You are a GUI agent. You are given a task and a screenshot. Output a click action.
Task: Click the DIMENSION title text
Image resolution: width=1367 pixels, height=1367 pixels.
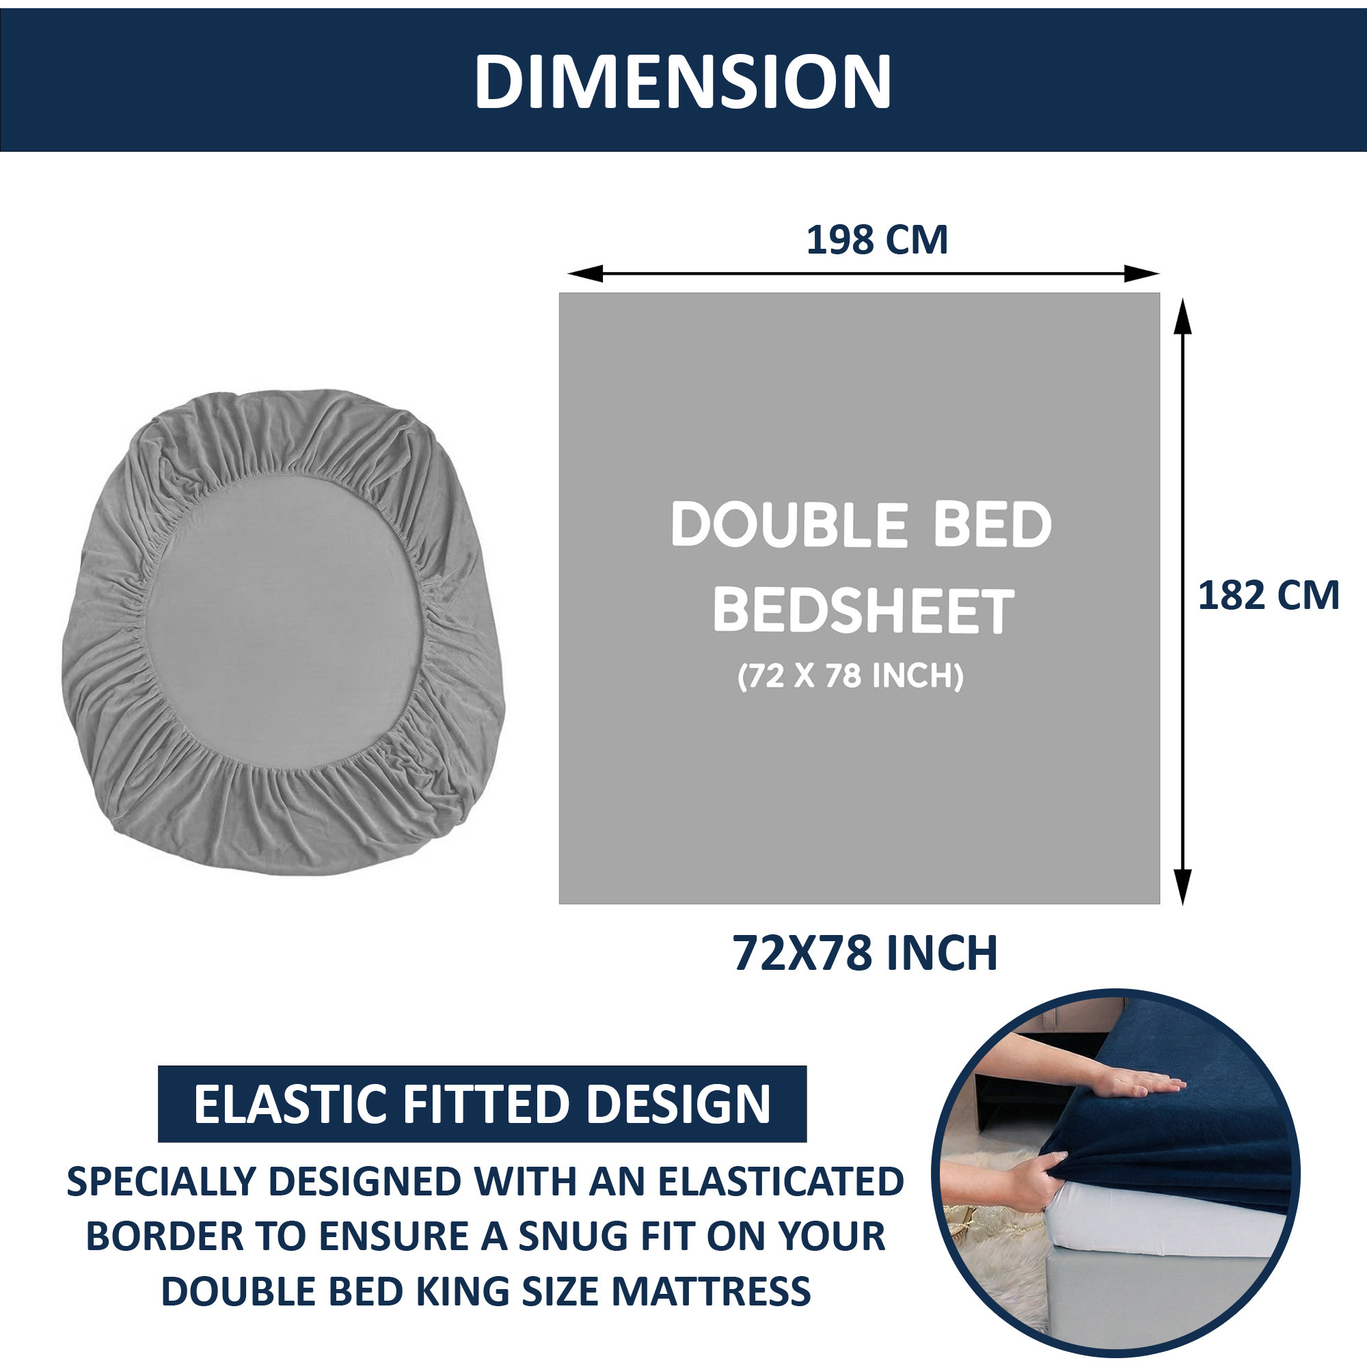(x=683, y=81)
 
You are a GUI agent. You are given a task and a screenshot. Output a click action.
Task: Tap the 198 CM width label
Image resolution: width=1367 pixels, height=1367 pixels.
(x=877, y=241)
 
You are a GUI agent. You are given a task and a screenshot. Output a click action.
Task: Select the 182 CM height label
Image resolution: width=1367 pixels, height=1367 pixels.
(x=1268, y=596)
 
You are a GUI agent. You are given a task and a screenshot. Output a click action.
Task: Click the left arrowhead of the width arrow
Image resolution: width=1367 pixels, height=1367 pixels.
(x=584, y=273)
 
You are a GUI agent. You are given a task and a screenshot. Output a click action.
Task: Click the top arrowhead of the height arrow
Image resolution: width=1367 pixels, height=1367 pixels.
(x=1182, y=316)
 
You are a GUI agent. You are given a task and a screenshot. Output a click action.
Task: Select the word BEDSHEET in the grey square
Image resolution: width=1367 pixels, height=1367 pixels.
(x=863, y=610)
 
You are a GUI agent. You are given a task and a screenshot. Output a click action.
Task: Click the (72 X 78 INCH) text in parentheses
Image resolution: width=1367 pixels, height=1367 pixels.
(x=850, y=677)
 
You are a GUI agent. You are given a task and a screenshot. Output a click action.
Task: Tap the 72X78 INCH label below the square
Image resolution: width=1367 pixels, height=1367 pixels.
(x=865, y=953)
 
